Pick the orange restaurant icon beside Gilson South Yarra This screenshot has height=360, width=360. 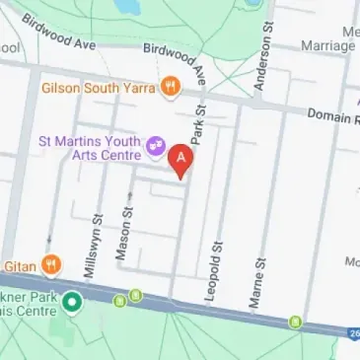pos(172,87)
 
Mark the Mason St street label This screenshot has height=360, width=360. pos(122,235)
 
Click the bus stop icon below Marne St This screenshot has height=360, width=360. pos(294,322)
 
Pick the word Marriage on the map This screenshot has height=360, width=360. pos(327,44)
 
